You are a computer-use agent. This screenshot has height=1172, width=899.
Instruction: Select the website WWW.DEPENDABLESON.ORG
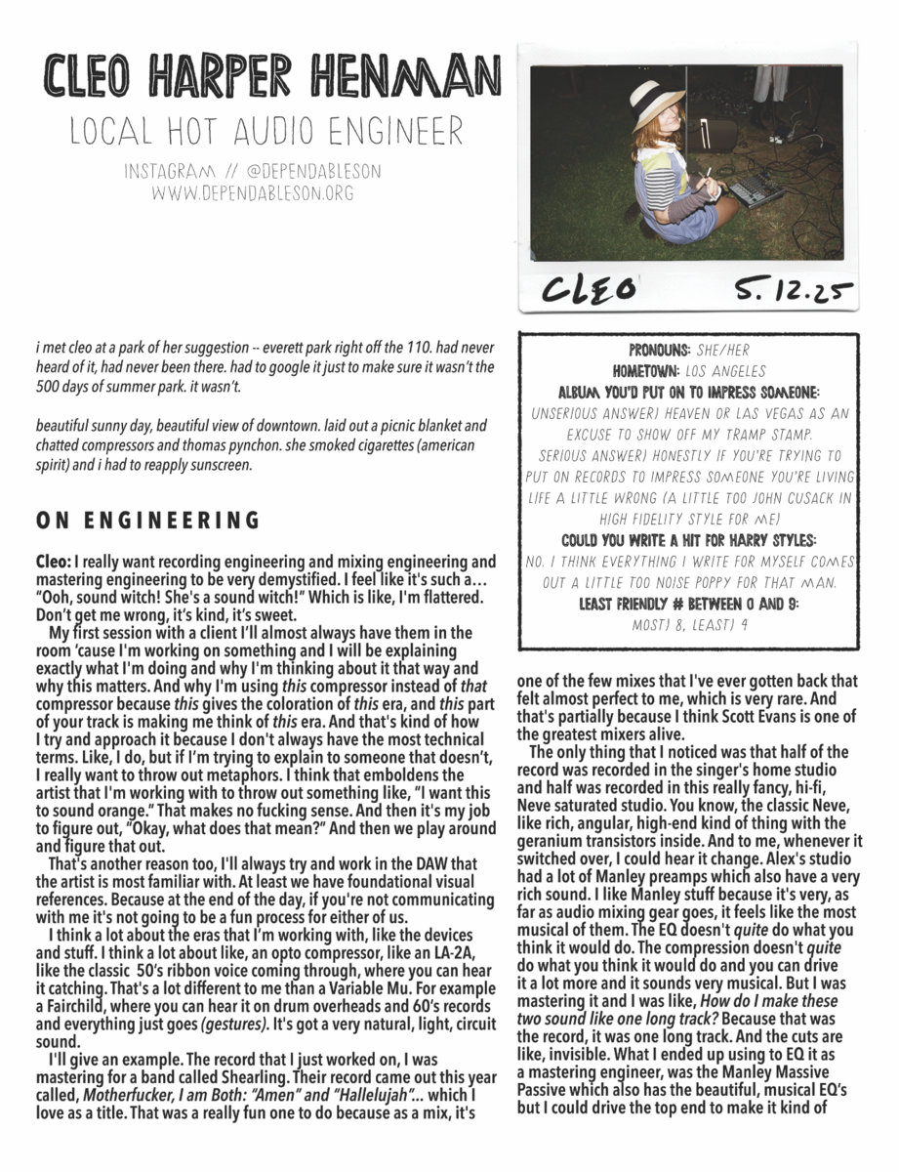(x=252, y=192)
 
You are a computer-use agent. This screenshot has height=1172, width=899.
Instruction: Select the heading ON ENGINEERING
(x=147, y=521)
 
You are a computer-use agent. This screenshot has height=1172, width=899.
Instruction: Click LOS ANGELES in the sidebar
(x=732, y=371)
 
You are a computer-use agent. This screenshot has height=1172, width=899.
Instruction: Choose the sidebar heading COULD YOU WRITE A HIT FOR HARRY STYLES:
(x=689, y=540)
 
